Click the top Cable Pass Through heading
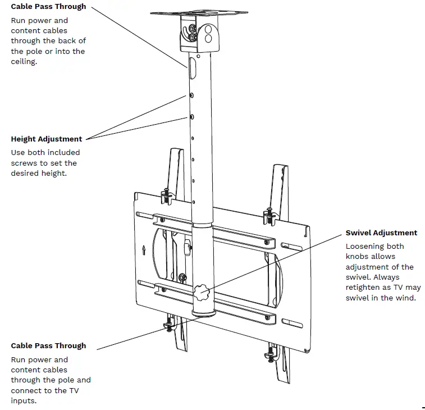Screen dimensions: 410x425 (48, 7)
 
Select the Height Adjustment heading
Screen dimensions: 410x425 (47, 139)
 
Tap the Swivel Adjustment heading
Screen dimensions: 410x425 (381, 233)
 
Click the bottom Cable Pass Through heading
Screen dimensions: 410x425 (48, 346)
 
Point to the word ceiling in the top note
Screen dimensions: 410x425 (24, 62)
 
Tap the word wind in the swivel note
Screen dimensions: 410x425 (406, 298)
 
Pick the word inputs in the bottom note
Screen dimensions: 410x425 (24, 401)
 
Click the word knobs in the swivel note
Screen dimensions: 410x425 (358, 257)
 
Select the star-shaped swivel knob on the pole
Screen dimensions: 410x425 (201, 292)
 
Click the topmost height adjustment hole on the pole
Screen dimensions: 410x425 (192, 96)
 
